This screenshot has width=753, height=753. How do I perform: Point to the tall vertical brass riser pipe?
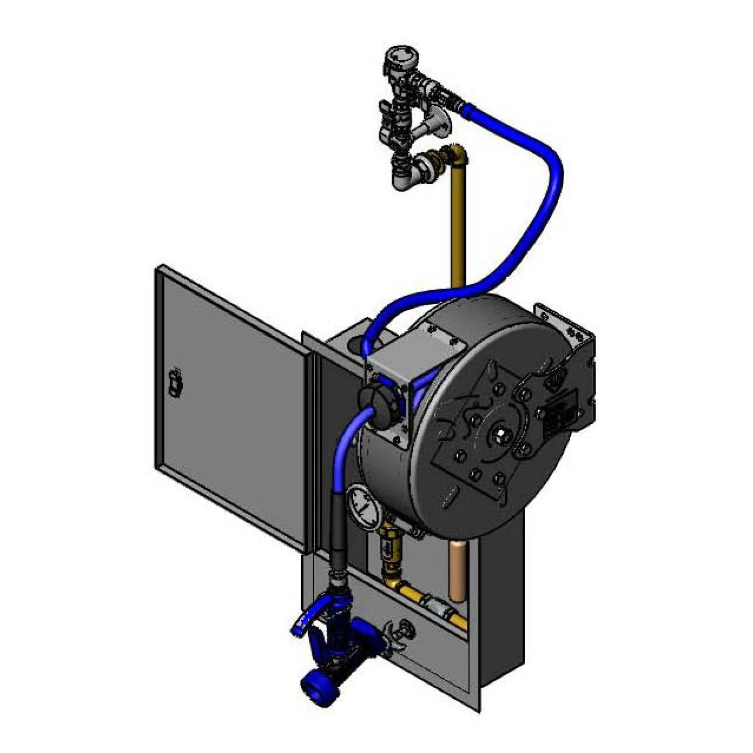(x=458, y=226)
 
